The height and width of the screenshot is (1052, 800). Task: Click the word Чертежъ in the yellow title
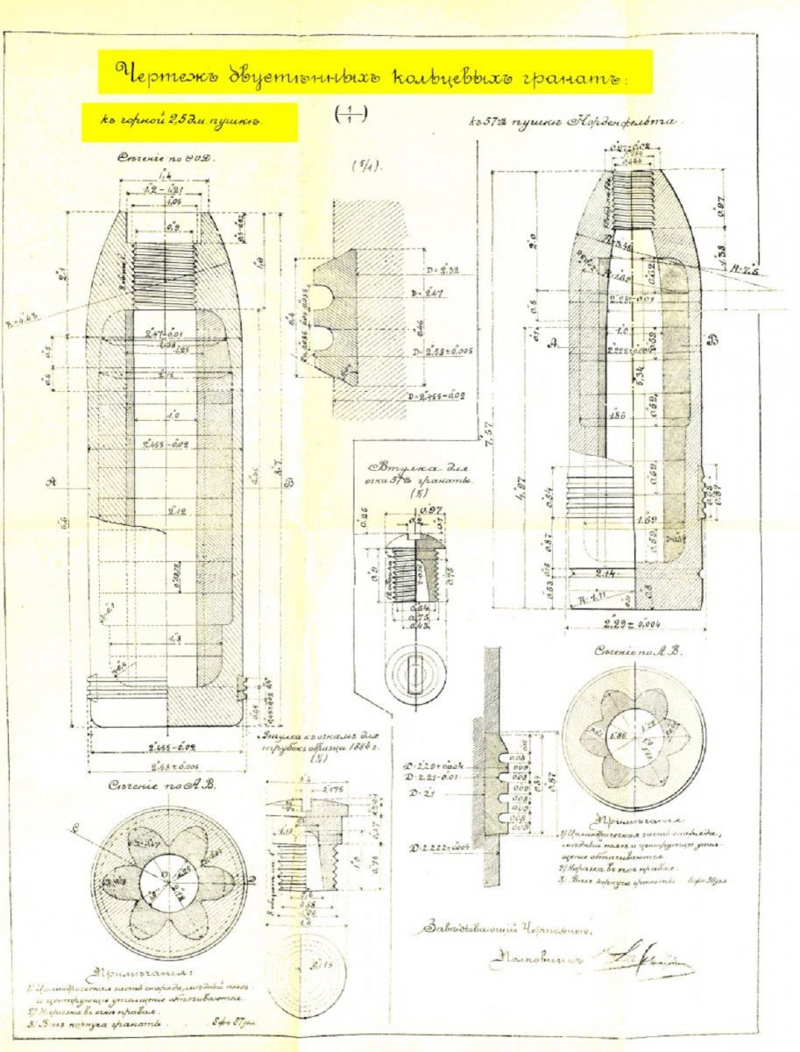152,73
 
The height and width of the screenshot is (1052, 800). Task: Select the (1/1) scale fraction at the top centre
350,113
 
